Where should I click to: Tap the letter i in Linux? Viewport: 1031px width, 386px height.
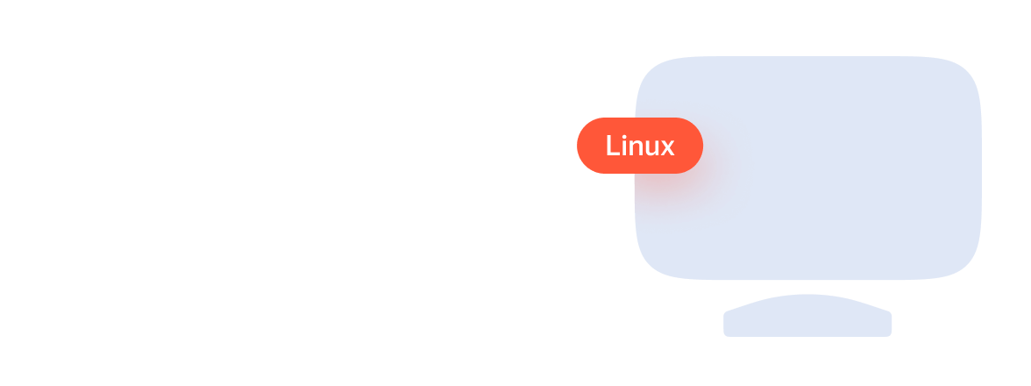coord(625,147)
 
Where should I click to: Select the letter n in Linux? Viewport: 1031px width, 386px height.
coord(636,148)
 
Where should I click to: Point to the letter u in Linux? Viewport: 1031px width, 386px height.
coord(651,148)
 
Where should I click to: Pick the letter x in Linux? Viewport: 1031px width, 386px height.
coord(666,148)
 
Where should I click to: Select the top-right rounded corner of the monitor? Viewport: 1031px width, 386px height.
coord(966,71)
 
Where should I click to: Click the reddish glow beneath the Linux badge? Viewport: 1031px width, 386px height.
coord(671,189)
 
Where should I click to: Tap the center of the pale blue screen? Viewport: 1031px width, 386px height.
coord(808,168)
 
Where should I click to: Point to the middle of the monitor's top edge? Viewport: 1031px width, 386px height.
coord(808,58)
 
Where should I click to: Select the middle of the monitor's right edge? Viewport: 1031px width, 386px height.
coord(979,168)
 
